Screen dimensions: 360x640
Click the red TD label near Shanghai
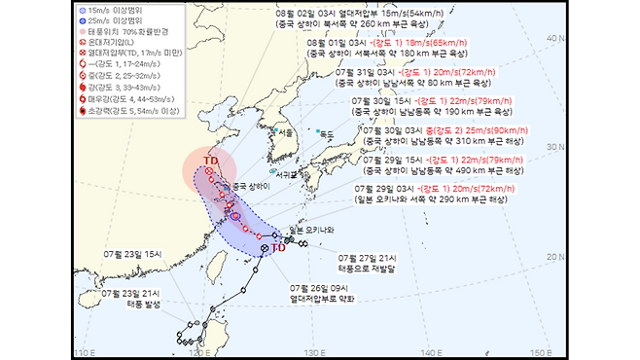coord(209,160)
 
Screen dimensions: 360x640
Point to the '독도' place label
coord(327,134)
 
